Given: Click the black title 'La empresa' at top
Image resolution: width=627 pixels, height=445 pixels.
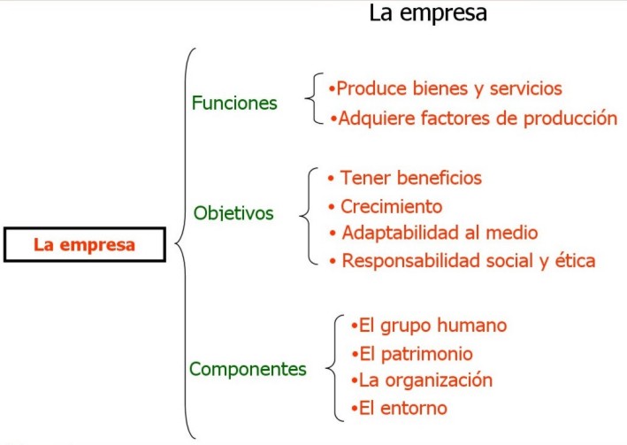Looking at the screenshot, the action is [428, 12].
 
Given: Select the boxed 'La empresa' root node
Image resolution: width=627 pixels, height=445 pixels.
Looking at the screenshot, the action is [85, 244].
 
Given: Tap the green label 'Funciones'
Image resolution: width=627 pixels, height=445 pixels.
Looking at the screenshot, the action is [234, 103].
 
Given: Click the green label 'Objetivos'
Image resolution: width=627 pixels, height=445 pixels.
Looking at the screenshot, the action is [233, 213].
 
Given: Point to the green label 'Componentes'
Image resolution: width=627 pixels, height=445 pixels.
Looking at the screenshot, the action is [248, 369].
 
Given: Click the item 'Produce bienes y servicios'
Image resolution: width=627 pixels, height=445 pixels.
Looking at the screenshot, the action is [445, 88].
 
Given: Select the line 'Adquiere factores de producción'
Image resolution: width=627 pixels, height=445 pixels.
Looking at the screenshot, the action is [474, 119].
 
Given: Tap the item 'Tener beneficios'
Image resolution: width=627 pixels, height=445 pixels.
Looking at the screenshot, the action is [405, 178].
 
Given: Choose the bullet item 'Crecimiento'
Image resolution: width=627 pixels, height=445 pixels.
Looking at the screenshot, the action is [386, 207].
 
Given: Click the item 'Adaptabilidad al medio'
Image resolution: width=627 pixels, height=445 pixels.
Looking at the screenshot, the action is [433, 233].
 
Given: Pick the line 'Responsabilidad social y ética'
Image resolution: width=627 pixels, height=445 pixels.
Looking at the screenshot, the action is [463, 261].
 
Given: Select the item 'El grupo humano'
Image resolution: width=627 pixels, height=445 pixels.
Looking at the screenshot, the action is [429, 326].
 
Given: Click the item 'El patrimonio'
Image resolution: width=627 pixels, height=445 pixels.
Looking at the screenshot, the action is [412, 354].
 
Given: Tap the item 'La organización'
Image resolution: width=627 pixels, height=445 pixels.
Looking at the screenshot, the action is [422, 380].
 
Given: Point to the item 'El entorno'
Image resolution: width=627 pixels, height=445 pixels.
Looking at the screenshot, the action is [399, 409].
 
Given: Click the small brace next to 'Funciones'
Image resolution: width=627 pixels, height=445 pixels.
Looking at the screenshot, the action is [314, 98].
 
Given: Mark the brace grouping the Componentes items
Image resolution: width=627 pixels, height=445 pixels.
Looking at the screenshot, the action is [334, 368].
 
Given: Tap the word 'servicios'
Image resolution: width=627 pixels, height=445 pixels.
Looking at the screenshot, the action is [526, 88].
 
